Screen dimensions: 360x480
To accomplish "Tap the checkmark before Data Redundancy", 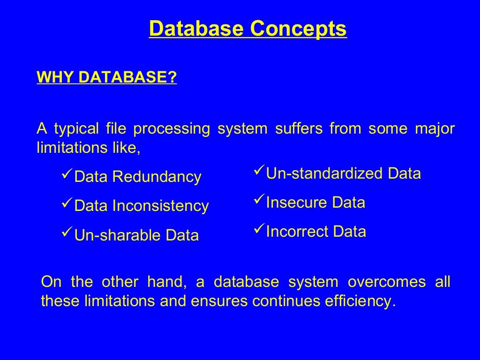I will (67, 176).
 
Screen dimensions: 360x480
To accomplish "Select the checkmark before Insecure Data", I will (259, 201).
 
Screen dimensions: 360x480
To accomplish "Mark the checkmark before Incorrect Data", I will (259, 230).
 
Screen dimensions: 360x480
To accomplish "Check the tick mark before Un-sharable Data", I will (67, 234).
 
